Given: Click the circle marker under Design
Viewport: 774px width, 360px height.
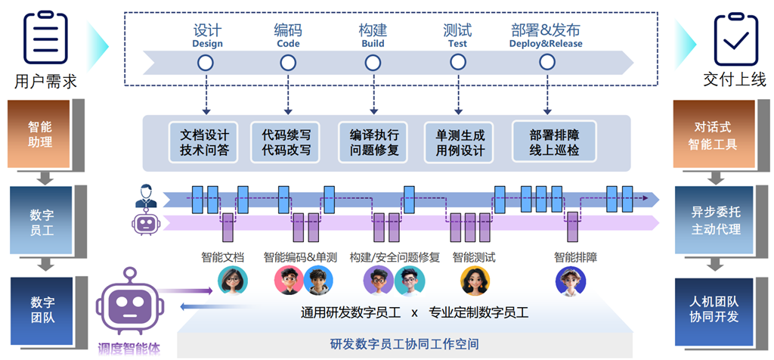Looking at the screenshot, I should tap(206, 64).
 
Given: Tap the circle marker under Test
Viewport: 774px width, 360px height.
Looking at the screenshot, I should tap(457, 64).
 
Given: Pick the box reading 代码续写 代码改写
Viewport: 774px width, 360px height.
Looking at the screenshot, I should tap(286, 141).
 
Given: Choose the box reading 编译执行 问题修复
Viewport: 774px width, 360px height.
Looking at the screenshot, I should tap(374, 141).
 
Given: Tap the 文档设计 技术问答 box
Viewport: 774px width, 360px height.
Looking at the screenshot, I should tap(204, 141).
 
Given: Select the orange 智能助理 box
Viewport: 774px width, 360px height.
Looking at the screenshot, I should tap(42, 134).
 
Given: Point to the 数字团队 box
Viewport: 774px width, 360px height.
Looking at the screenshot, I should tap(42, 309).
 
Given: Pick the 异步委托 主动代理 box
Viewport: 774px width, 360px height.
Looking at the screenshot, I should tap(715, 221).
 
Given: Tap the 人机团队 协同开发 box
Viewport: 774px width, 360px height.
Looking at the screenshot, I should tap(715, 309).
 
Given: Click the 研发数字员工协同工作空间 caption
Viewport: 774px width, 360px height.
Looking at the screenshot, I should tap(404, 344).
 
